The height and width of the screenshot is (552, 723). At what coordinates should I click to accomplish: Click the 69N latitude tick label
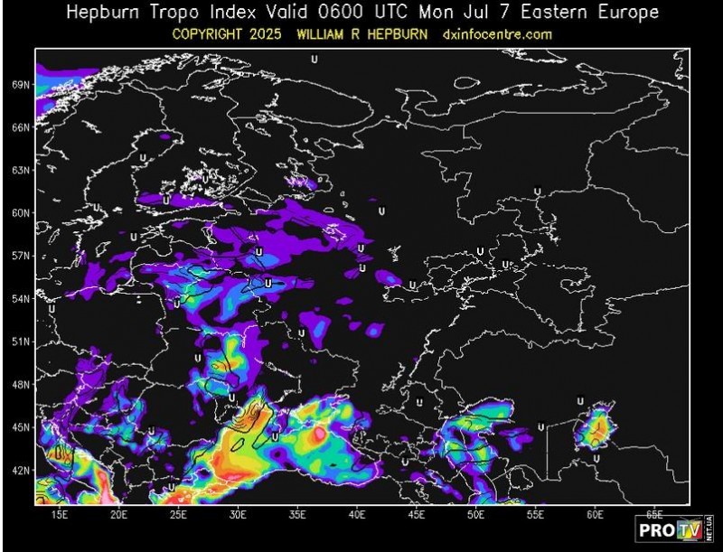[22, 84]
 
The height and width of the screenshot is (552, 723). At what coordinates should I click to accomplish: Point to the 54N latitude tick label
[22, 298]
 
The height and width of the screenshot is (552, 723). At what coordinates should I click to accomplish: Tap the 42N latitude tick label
[22, 470]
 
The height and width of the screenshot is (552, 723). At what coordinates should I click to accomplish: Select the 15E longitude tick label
[60, 514]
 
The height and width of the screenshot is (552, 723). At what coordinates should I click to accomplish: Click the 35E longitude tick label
[298, 514]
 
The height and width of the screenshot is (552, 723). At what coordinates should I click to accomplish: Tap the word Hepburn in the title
[105, 13]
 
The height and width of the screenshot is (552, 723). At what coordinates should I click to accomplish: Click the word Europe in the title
[628, 13]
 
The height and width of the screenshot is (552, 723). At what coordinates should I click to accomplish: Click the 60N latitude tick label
[22, 212]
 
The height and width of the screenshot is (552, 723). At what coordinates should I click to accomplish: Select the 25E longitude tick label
[179, 514]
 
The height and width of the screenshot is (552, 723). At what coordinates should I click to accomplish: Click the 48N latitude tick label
[22, 384]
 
